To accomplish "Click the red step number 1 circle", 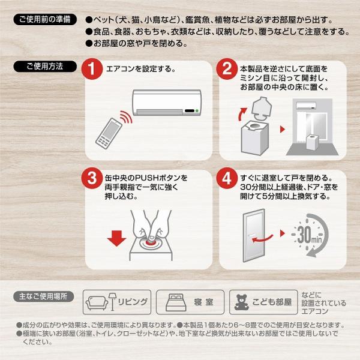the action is click(92, 69).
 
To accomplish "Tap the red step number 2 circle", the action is click(227, 69).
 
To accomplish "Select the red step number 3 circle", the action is click(92, 178).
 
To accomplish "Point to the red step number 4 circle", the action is click(227, 178).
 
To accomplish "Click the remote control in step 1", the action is click(109, 133).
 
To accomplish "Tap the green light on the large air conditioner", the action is click(197, 111).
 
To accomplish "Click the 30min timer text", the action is click(310, 235).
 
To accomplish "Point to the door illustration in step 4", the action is click(254, 235).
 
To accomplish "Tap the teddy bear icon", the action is click(241, 302).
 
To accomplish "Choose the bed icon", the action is click(176, 302).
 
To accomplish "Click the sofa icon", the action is click(97, 303).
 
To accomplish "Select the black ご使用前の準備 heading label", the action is click(45, 19).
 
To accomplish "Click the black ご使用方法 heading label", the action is click(45, 67).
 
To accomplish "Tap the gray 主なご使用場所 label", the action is click(44, 296).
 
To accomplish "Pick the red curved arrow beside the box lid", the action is click(242, 114).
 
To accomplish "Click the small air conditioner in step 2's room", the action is click(306, 106).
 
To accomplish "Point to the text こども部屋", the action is click(272, 302).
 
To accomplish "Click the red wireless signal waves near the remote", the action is click(127, 117).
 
